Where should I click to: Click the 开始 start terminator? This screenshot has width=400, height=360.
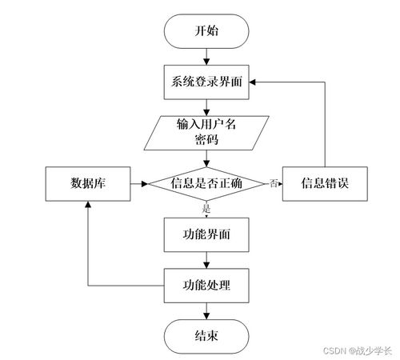[x=207, y=31]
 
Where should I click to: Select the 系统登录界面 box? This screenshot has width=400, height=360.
[x=207, y=82]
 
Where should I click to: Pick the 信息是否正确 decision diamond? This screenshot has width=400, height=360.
[x=207, y=183]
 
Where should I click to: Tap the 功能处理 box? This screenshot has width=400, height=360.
[x=207, y=284]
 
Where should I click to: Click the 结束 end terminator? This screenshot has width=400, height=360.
[x=207, y=334]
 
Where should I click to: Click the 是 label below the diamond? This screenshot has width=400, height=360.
[x=207, y=209]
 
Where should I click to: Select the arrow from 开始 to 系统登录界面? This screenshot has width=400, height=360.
[x=207, y=57]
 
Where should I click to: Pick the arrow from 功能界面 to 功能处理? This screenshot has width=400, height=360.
[x=207, y=259]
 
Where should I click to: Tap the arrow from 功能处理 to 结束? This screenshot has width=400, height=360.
[x=207, y=310]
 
